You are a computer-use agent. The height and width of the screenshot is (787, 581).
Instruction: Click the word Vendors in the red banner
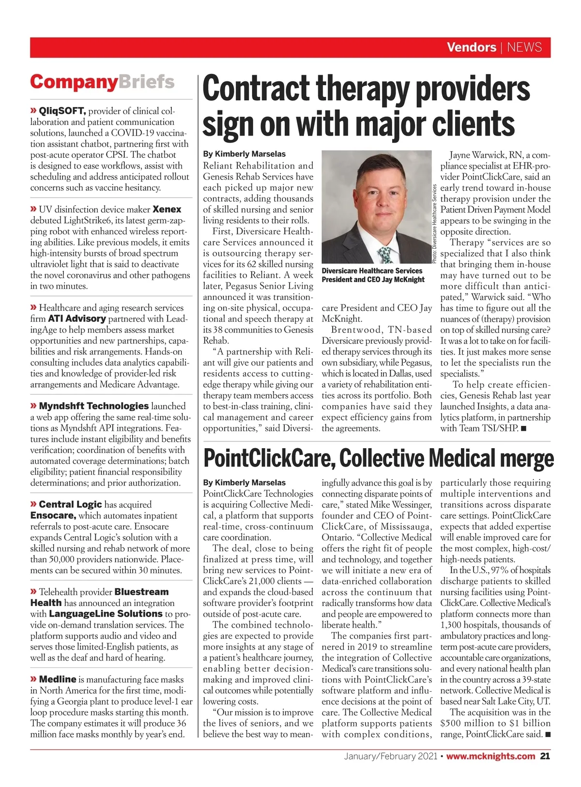(x=471, y=47)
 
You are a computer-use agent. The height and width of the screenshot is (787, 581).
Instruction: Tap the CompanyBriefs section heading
(x=102, y=82)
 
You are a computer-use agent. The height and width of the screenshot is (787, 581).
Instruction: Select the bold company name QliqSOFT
(x=62, y=111)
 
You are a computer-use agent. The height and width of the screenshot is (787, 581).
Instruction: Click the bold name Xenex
(x=167, y=210)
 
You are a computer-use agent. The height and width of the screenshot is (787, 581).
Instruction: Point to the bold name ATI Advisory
(x=77, y=319)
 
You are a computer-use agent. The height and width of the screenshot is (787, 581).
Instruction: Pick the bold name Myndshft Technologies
(x=94, y=406)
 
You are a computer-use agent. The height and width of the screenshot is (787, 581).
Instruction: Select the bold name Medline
(x=58, y=680)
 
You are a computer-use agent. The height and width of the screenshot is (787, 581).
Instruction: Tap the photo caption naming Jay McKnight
(x=373, y=275)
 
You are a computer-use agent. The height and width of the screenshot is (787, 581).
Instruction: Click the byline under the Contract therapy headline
(x=244, y=154)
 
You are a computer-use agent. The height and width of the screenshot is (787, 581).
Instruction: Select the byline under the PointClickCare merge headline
(x=244, y=483)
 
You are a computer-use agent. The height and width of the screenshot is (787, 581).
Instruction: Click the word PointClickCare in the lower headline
(x=268, y=459)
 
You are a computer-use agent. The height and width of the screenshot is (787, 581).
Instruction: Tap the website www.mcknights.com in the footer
(x=490, y=756)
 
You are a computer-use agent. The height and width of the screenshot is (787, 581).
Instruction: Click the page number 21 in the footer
(x=545, y=756)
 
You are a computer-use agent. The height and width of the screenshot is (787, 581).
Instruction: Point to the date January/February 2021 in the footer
(x=390, y=756)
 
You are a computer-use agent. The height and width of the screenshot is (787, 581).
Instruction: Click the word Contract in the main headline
(x=256, y=90)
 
